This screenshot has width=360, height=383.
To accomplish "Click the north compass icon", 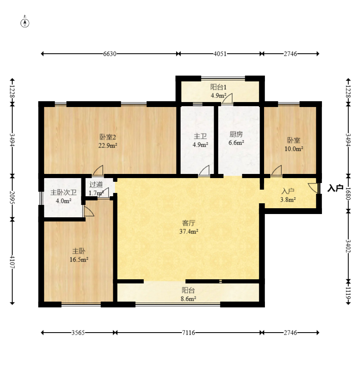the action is coord(25,23).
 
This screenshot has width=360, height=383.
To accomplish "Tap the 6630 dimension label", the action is coord(110,54).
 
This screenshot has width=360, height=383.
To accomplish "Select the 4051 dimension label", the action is coord(220,54).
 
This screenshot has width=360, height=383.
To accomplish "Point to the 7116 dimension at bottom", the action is coord(188,333).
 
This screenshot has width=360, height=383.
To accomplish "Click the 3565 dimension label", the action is coord(78,333).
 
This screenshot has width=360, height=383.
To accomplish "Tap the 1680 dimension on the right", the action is coord(348,193).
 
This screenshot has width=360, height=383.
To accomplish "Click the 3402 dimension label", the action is coord(348,246).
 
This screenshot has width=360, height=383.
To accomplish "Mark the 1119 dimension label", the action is coord(348,293).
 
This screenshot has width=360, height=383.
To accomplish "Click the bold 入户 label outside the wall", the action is coord(335,188).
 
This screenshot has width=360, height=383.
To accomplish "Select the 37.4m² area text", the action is coord(188,231).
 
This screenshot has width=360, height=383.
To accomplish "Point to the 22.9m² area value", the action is coord(108,145).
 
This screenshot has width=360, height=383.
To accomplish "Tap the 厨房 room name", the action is coord(236,134).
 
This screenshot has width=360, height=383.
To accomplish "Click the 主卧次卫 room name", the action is coord(64,193).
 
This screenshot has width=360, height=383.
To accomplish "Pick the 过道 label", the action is coord(96,184).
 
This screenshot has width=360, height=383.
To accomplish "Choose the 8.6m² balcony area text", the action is coord(188,298).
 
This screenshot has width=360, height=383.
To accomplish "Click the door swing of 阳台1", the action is coord(228,99).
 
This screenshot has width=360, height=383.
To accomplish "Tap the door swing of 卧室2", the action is coord(98,170).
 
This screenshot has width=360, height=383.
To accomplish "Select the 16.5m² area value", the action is coord(79,259).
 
